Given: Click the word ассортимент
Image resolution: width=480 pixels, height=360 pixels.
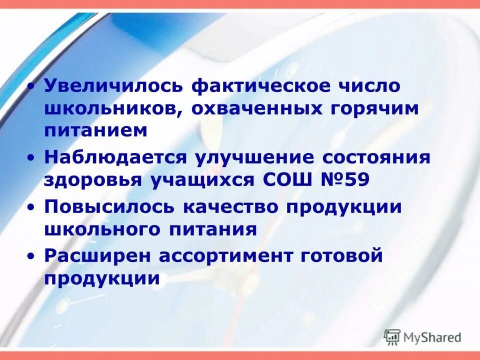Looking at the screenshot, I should click(x=229, y=256).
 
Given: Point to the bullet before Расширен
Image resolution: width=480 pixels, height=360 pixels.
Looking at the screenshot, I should click(x=32, y=256).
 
